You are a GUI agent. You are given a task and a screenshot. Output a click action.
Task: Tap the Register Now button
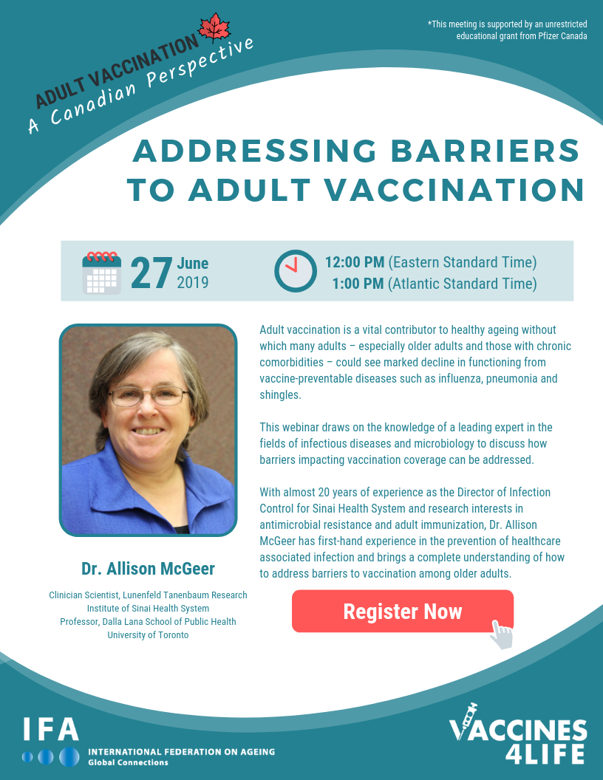click(403, 612)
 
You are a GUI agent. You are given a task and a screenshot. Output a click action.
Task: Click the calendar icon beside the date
click(101, 273)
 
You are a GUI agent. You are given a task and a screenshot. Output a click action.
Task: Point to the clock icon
click(296, 271)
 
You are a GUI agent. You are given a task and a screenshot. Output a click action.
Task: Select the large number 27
click(151, 273)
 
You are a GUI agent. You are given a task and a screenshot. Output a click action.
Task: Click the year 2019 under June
click(193, 283)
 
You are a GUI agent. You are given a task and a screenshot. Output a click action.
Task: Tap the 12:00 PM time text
click(355, 262)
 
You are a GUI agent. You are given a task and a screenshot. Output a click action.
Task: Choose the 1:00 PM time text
click(358, 284)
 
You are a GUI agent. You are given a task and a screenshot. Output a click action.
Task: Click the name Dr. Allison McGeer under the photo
click(149, 569)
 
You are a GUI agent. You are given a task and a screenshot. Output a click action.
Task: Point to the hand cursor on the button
click(501, 634)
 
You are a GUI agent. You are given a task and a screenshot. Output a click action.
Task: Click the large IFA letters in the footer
click(51, 729)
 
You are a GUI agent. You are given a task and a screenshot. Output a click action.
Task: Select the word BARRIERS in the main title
click(486, 151)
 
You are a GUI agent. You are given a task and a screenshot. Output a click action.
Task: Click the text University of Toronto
click(149, 634)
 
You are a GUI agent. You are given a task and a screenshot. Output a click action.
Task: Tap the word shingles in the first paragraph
click(280, 395)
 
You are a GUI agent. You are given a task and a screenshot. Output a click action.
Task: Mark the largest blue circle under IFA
click(69, 756)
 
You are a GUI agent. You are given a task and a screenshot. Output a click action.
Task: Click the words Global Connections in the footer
click(129, 762)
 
